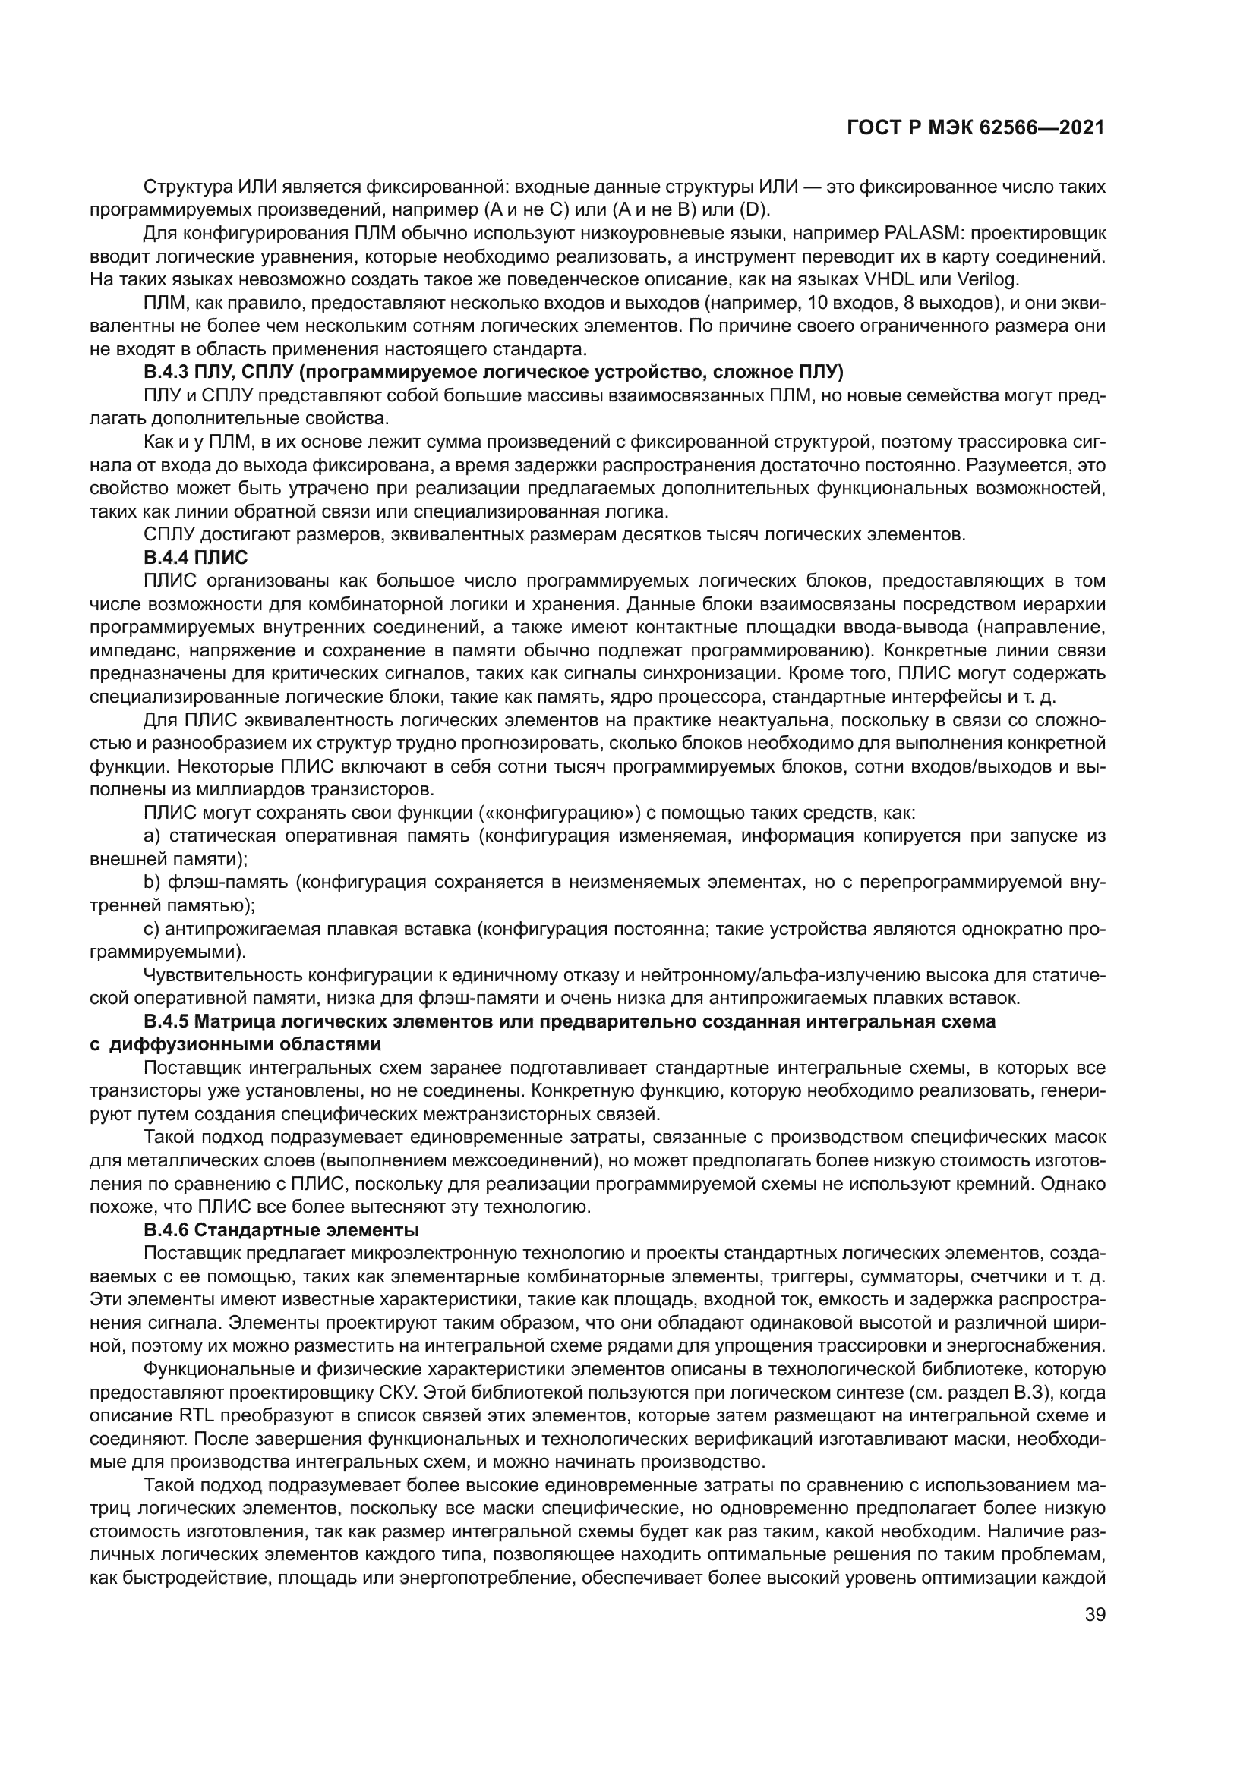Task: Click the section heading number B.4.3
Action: click(166, 373)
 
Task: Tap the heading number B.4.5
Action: click(166, 1022)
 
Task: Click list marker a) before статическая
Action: click(152, 836)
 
